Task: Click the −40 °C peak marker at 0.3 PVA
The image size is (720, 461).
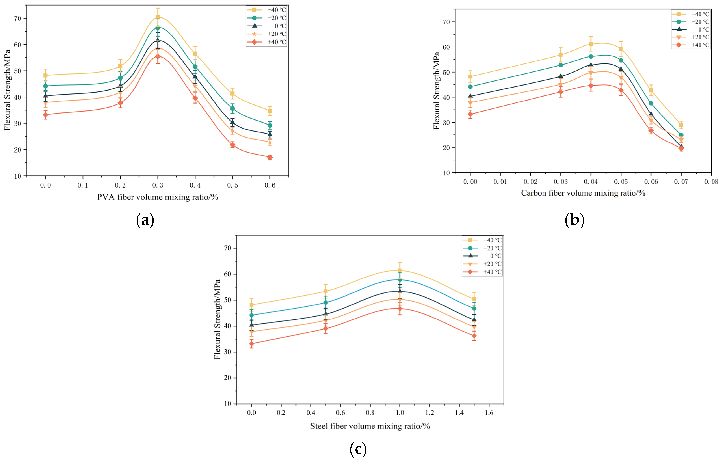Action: [x=158, y=17]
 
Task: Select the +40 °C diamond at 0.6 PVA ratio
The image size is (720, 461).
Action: [x=270, y=157]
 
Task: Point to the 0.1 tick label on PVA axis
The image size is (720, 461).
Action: [x=83, y=185]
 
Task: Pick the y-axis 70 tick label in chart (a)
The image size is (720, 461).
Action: [x=18, y=18]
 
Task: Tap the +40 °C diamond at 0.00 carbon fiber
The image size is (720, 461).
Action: [x=470, y=114]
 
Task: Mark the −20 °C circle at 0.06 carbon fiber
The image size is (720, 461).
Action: [x=651, y=103]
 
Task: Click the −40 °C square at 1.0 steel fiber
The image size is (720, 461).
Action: [x=400, y=270]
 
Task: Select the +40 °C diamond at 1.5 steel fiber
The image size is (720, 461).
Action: [x=474, y=336]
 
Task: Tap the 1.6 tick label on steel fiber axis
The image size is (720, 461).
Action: [x=489, y=413]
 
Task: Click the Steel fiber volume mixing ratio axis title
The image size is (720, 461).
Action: [x=370, y=426]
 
